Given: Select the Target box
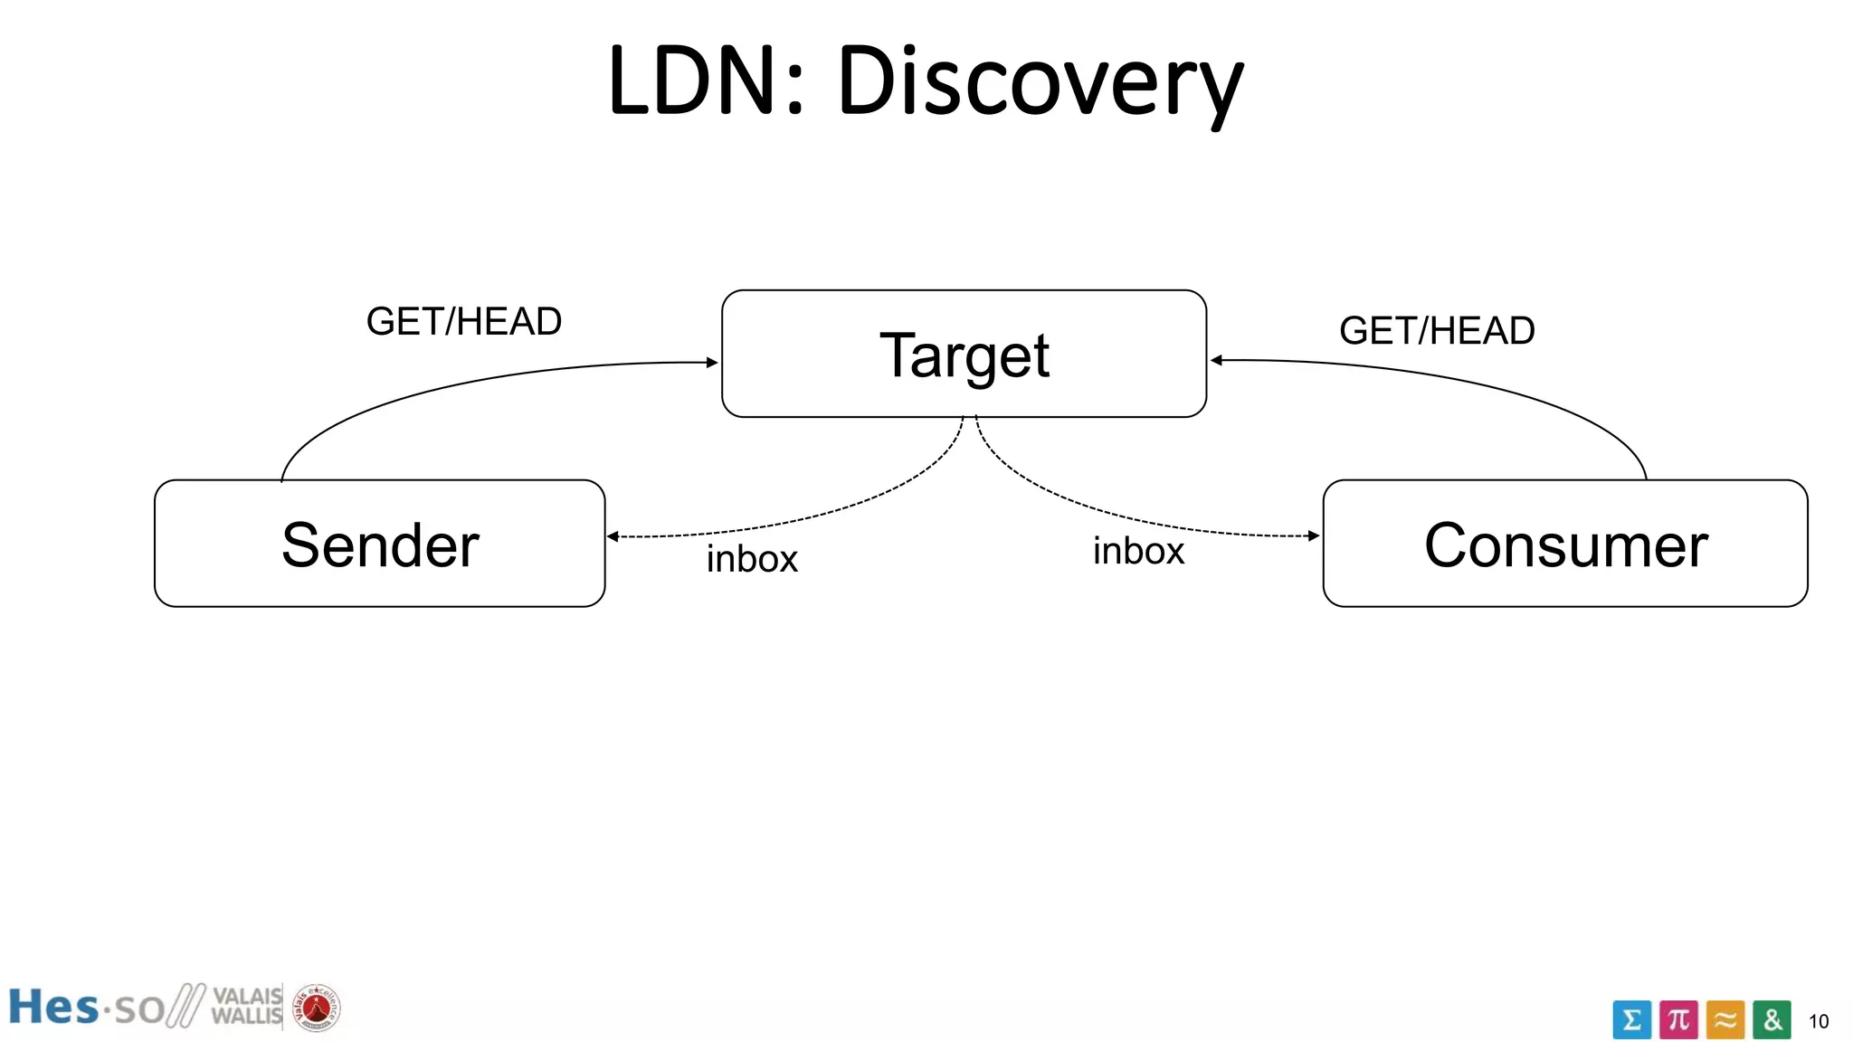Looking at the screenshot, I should click(964, 354).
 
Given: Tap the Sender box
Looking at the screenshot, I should click(379, 544).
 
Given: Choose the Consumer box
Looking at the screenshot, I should click(1564, 544).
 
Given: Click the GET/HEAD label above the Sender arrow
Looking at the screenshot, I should click(463, 322).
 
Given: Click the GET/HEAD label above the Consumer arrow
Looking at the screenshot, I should click(1436, 331).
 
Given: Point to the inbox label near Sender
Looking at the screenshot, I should click(752, 559).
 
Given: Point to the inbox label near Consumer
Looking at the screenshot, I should click(1137, 551).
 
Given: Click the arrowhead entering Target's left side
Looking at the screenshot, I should click(712, 363).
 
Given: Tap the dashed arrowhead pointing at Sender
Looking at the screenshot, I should click(613, 536).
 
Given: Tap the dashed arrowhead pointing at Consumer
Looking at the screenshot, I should click(1314, 535).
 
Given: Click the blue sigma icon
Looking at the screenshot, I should click(1631, 1020).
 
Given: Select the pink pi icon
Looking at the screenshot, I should click(1678, 1020).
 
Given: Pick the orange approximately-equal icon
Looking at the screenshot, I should click(1725, 1020).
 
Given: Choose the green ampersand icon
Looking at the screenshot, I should click(1772, 1020).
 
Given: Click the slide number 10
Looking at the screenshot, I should click(1818, 1022).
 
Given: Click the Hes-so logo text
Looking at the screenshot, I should click(86, 1008).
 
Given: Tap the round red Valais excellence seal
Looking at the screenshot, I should click(316, 1008).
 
